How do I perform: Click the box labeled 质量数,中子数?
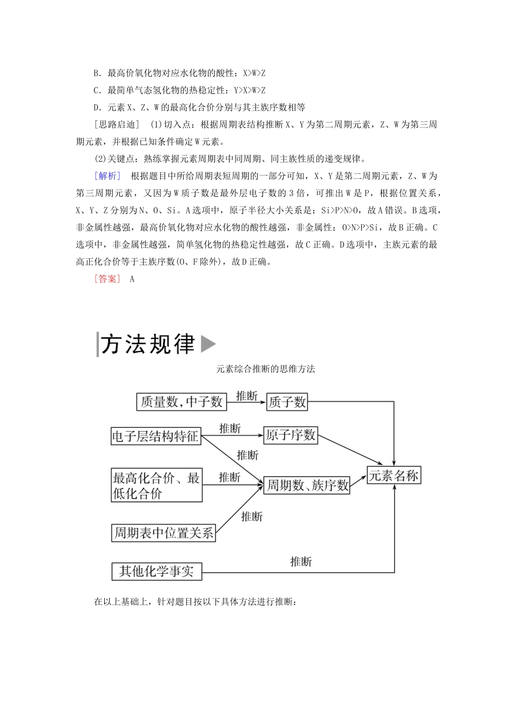click(181, 401)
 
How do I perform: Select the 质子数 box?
click(287, 401)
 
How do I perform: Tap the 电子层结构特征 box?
click(156, 436)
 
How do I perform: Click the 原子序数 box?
click(291, 435)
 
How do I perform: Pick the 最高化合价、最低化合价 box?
click(157, 485)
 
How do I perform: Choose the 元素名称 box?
click(394, 476)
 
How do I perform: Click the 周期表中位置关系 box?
click(163, 533)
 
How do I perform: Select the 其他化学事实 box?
click(157, 572)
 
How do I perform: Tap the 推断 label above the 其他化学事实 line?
click(301, 562)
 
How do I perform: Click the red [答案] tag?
click(107, 279)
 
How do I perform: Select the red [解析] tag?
click(107, 176)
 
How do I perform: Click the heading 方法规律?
click(147, 344)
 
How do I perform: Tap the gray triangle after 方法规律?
click(208, 344)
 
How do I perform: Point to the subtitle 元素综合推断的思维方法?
click(265, 369)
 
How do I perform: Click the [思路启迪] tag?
click(117, 125)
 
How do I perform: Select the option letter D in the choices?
click(97, 107)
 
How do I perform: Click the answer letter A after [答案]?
click(132, 279)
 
